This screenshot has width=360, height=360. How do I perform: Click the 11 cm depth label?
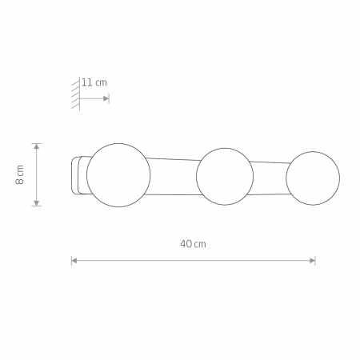coord(94,82)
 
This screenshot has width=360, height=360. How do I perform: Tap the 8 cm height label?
coord(20,174)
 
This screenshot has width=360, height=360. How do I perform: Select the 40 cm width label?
coord(193,244)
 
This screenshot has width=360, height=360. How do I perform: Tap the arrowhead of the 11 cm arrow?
coord(106,98)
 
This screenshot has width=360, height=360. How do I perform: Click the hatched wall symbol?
coord(76,94)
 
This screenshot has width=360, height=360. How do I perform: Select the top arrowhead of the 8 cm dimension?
coord(37,146)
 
